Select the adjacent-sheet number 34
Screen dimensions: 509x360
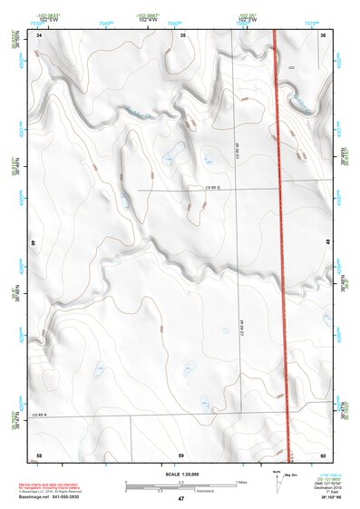(39, 34)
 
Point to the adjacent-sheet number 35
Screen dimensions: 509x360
(182, 34)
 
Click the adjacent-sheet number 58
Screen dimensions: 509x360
(39, 453)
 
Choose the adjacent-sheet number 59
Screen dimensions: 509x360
(181, 453)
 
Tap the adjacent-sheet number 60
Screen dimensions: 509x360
(324, 453)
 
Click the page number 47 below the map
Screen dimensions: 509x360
(180, 499)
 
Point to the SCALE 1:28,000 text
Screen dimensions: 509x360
(180, 473)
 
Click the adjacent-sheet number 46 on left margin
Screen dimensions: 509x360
(34, 242)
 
